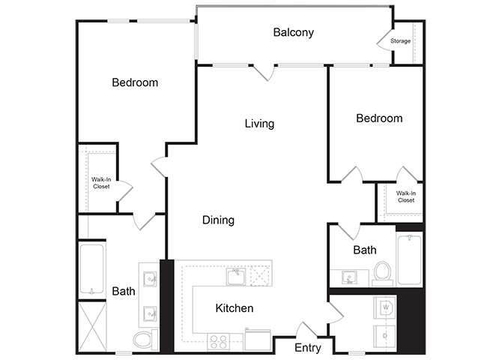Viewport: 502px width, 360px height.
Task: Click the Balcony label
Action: point(293,32)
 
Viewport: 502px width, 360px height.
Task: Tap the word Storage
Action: point(401,40)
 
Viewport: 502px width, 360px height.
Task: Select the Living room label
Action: point(259,123)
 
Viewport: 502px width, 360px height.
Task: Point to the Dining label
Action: point(218,220)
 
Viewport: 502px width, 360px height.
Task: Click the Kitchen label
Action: point(234,307)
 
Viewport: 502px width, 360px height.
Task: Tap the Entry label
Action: point(307,348)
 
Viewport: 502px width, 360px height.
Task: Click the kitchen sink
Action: point(236,277)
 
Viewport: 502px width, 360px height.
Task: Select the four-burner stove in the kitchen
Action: point(219,341)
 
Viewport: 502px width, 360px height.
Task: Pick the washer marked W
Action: point(387,307)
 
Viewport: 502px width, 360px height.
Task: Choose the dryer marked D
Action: point(387,337)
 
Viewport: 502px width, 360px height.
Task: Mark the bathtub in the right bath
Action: point(409,259)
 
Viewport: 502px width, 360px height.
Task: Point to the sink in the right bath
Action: point(348,277)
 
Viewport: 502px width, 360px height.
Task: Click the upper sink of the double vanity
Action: point(150,280)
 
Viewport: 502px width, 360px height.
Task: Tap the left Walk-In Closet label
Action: point(100,182)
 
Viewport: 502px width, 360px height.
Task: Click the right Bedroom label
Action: point(378,118)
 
